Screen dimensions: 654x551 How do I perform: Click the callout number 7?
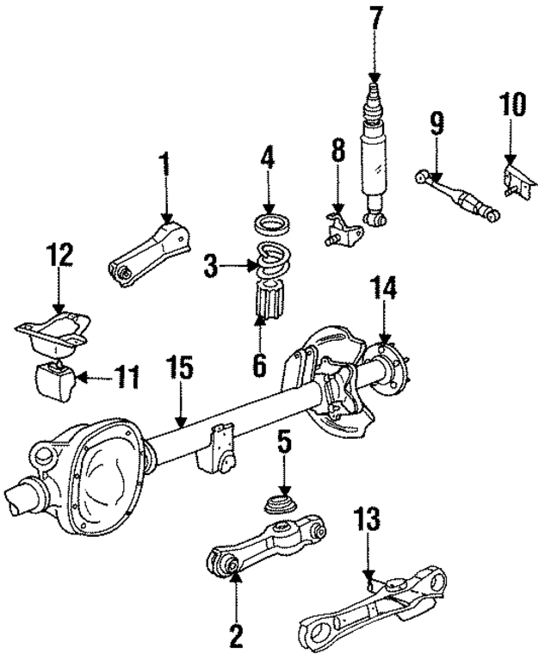click(374, 17)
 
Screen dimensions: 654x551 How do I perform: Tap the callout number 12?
click(59, 256)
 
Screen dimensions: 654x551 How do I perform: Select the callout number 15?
click(181, 369)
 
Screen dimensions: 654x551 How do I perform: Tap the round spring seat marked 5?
click(281, 504)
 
